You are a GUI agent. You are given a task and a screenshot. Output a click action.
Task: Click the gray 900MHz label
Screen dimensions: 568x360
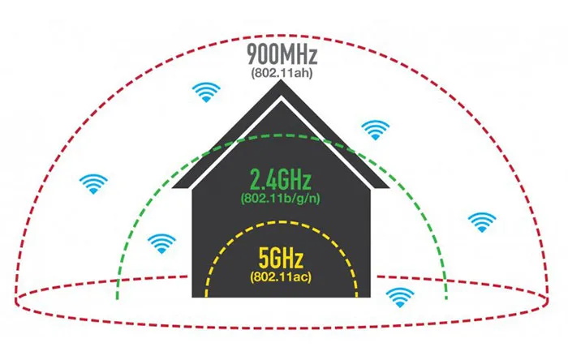[282, 54]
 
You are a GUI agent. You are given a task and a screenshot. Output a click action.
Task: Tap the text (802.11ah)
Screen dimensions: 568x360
[282, 73]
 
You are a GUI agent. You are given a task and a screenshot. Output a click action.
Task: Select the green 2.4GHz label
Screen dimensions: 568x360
[281, 179]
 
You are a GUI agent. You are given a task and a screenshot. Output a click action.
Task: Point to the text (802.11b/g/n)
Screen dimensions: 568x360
[281, 199]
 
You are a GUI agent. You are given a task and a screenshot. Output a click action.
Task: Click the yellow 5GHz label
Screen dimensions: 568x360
[281, 258]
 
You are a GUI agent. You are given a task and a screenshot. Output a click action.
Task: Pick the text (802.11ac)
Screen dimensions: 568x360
[281, 277]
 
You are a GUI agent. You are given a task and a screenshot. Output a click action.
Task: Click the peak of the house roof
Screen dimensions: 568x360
[281, 80]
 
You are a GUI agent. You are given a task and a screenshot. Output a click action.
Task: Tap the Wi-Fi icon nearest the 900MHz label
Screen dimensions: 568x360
[206, 92]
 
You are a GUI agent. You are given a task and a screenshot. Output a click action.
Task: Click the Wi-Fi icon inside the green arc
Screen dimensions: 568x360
[161, 244]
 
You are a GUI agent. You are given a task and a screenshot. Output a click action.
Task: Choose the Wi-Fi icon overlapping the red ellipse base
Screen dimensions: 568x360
[400, 298]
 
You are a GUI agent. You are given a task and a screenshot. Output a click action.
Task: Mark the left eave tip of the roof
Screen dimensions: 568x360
[172, 188]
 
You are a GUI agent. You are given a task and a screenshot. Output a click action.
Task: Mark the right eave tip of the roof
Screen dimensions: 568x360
[389, 188]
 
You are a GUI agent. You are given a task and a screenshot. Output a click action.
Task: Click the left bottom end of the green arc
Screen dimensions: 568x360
[117, 299]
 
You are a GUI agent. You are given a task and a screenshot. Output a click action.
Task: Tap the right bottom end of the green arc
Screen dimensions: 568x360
[446, 299]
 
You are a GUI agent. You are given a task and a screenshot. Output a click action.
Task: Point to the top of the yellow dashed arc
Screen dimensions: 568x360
[282, 222]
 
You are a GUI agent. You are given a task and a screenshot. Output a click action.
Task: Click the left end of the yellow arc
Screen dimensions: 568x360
[206, 297]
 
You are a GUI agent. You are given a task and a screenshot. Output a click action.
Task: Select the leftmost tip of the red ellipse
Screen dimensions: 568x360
[15, 300]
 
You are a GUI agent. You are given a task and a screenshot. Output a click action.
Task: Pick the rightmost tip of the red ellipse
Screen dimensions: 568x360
[548, 300]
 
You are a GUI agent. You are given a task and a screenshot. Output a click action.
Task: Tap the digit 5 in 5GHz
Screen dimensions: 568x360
[263, 258]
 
